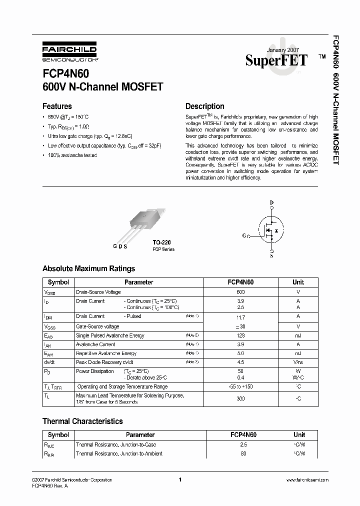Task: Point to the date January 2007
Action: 283,51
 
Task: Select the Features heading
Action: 57,106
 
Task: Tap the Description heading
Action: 204,106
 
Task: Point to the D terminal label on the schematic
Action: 271,202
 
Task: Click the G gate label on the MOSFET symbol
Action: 244,235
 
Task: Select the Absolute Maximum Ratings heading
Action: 88,268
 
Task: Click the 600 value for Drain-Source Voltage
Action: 240,291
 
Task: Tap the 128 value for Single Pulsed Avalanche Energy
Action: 240,335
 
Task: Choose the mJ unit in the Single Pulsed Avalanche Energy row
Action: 298,335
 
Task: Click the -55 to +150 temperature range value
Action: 240,386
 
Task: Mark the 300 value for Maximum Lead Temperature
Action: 240,399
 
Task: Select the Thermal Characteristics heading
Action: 82,421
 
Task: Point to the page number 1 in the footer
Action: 179,480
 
